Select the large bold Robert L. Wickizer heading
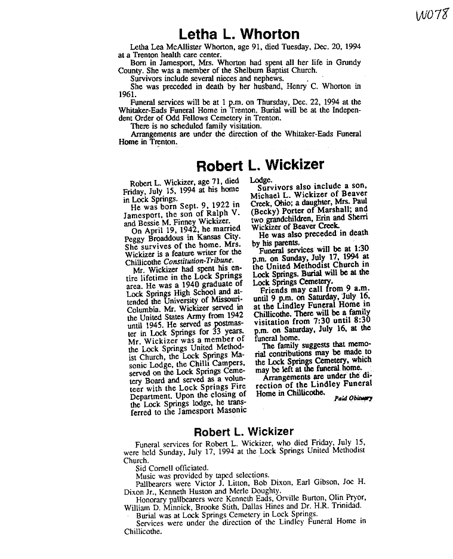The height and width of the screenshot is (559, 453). [x=261, y=164]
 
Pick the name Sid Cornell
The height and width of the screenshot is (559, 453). [x=158, y=468]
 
